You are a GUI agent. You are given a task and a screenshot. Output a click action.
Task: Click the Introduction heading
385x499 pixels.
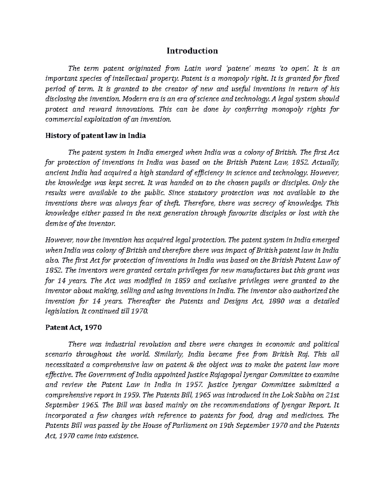(192, 51)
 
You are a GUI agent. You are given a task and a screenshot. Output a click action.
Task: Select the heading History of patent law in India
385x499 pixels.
(96, 136)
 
